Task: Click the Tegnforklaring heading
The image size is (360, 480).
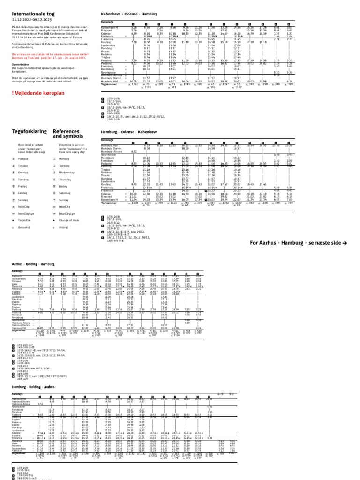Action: point(26,131)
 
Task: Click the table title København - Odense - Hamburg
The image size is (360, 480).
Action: point(126,15)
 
